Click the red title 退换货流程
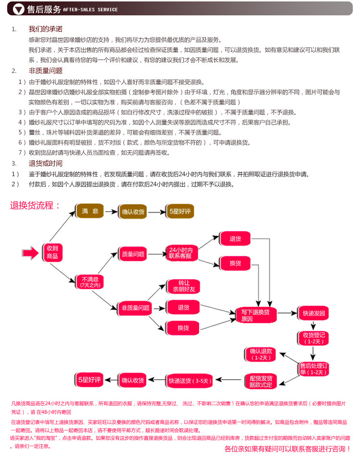tap(35, 206)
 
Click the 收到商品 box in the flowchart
tap(52, 252)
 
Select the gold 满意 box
tap(90, 211)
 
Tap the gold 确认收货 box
tap(133, 212)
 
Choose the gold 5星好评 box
tap(178, 212)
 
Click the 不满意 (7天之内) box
tap(90, 282)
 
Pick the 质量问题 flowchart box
tap(133, 254)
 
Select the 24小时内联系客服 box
tap(180, 253)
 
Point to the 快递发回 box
tap(313, 314)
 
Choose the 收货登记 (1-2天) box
tap(313, 338)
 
